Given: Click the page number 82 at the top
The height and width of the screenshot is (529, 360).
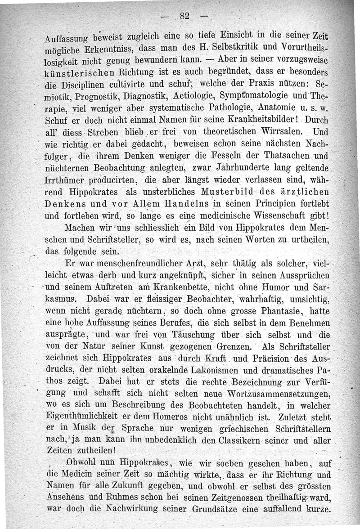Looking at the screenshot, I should tap(184, 17).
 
